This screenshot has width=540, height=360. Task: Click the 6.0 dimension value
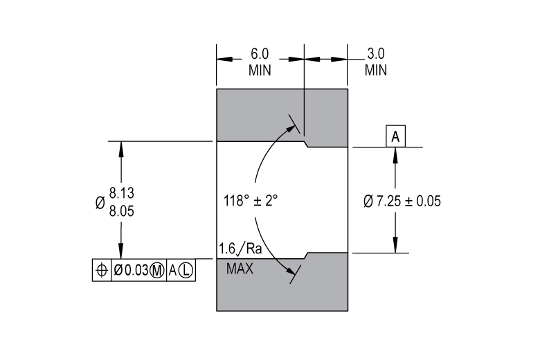tap(260, 54)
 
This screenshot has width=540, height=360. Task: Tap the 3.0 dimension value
tap(376, 54)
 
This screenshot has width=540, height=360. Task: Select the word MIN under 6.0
tap(260, 71)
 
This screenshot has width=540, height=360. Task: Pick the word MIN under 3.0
tap(376, 71)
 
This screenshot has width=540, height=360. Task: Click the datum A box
tap(395, 136)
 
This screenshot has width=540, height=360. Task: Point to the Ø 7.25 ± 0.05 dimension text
tap(402, 201)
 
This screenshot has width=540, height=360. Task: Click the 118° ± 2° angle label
tap(251, 201)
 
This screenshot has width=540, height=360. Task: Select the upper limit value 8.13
tap(122, 193)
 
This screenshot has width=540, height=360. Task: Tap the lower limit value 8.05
tap(122, 211)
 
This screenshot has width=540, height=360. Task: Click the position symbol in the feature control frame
tap(102, 270)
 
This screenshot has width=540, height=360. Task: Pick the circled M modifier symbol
tap(157, 271)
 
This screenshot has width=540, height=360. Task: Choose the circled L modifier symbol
tap(186, 271)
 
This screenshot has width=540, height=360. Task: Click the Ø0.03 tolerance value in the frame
tap(132, 271)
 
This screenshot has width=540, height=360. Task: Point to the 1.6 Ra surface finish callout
tap(240, 249)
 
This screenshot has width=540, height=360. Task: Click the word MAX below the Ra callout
tap(240, 269)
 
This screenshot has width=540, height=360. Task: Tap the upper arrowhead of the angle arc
tap(291, 129)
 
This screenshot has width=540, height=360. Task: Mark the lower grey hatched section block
tap(282, 282)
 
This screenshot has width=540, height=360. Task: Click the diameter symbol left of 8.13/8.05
tap(100, 203)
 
